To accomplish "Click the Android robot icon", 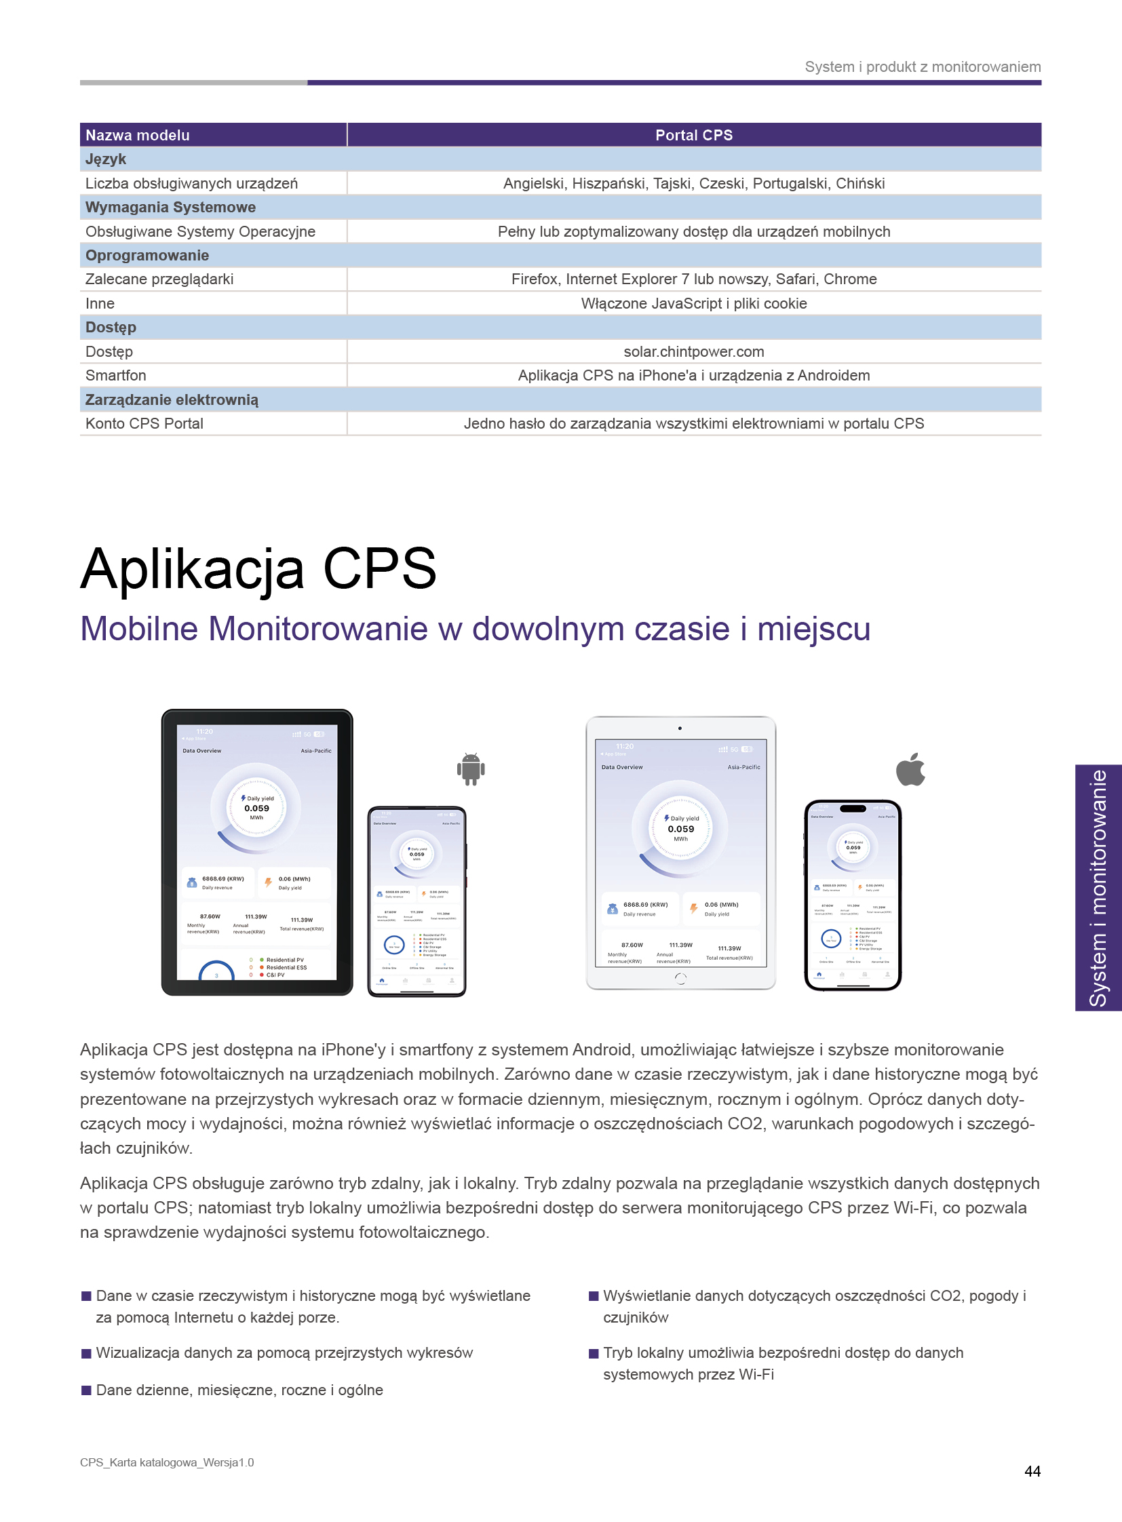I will [471, 770].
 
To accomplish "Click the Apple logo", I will [911, 770].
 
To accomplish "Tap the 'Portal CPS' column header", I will [693, 135].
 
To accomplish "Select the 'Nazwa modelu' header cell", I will [138, 135].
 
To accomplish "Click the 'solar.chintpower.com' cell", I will [693, 352].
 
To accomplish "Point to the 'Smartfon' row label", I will [116, 376].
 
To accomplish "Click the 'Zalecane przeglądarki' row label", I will [159, 279].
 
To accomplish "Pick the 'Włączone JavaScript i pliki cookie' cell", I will [693, 304].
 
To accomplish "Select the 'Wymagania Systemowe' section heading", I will [170, 207].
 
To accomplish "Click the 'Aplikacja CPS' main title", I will [258, 568].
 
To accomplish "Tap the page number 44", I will [1032, 1471].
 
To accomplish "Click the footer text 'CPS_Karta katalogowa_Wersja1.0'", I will [167, 1462].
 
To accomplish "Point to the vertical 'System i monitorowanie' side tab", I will [1098, 888].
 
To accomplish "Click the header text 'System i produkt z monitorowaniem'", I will [923, 67].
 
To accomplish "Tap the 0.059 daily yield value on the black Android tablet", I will [256, 808].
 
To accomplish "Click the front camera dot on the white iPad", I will [680, 728].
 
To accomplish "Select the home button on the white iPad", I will [680, 978].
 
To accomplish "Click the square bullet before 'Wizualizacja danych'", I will [86, 1354].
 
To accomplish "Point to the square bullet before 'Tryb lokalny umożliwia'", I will [594, 1354].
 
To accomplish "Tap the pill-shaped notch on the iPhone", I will [853, 808].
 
